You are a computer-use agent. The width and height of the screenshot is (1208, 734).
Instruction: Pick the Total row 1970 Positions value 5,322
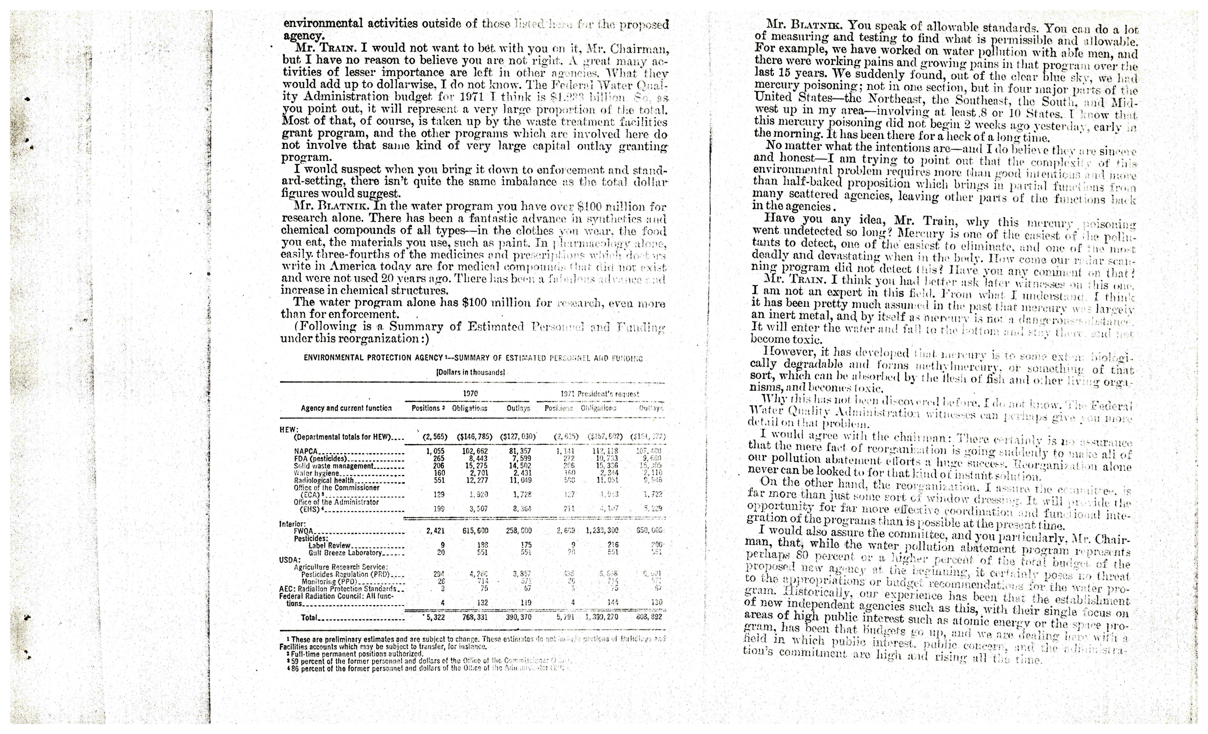point(434,617)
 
